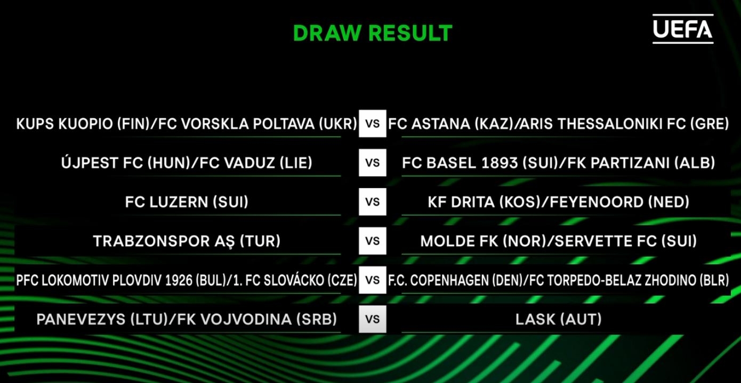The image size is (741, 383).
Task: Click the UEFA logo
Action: pos(683,29)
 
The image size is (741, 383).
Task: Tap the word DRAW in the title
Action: pos(327,33)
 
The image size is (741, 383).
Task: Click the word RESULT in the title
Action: pos(410,33)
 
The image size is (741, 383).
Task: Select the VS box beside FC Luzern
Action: pos(373,201)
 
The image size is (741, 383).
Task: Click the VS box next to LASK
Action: pos(373,319)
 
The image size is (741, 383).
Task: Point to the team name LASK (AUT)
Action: pos(558,319)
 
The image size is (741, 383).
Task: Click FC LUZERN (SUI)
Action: pos(187,202)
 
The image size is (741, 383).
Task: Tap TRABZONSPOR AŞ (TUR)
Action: pos(187,241)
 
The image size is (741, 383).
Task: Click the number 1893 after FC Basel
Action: pos(499,162)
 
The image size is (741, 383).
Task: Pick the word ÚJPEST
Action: pos(90,162)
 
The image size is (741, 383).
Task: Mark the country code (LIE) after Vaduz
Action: pos(296,162)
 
